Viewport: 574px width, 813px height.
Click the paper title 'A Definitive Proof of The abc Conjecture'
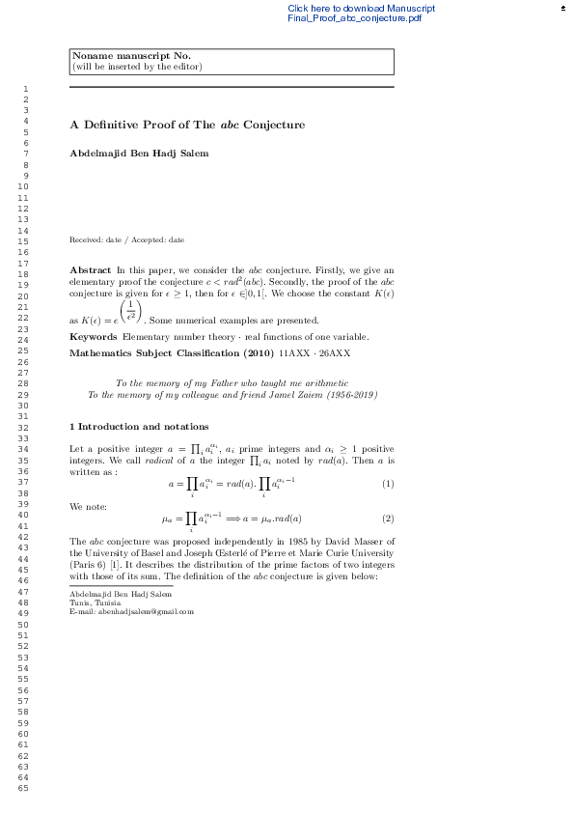[187, 125]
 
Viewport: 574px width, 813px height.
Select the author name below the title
[139, 153]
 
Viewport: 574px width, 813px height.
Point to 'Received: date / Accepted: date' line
[126, 239]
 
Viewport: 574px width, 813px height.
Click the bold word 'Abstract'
[91, 268]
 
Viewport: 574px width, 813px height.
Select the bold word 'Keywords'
[94, 336]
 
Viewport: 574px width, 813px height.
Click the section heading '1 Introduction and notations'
[139, 426]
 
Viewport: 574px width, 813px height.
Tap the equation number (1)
[388, 483]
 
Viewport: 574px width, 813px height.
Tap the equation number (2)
[388, 519]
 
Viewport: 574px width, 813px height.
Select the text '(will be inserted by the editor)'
[137, 67]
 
